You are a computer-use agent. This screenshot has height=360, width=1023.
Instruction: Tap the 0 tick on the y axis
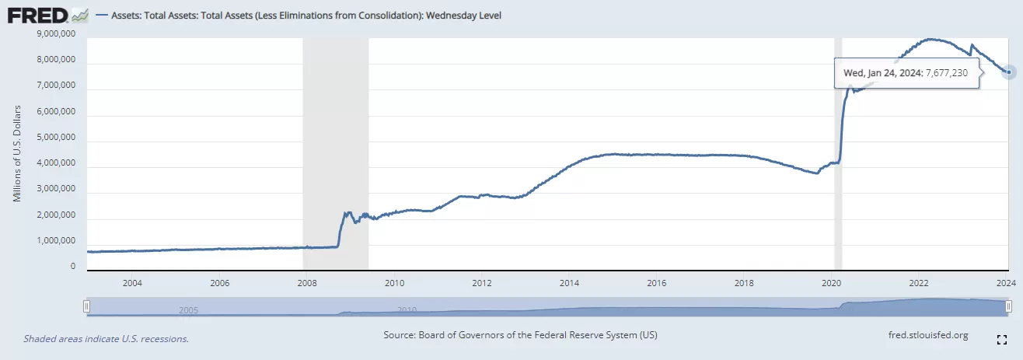pyautogui.click(x=72, y=267)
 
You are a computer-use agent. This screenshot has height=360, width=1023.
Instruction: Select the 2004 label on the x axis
pyautogui.click(x=131, y=281)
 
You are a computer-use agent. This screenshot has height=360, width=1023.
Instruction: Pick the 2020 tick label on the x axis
pyautogui.click(x=832, y=281)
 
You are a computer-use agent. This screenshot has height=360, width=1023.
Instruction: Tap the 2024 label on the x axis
pyautogui.click(x=1007, y=281)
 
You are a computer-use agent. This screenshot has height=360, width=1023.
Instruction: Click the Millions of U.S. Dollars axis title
pyautogui.click(x=17, y=152)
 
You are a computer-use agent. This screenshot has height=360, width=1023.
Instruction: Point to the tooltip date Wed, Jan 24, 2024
pyautogui.click(x=882, y=72)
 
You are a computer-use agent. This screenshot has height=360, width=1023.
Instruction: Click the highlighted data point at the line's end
pyautogui.click(x=1008, y=72)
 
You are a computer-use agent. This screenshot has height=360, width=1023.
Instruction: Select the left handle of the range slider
pyautogui.click(x=88, y=307)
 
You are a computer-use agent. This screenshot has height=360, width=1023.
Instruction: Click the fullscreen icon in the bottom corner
pyautogui.click(x=1002, y=339)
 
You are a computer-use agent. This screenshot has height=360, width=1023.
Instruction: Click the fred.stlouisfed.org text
pyautogui.click(x=927, y=335)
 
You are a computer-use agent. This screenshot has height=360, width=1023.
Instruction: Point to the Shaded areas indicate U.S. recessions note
pyautogui.click(x=106, y=339)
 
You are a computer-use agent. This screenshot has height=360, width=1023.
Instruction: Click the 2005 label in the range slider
pyautogui.click(x=188, y=309)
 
